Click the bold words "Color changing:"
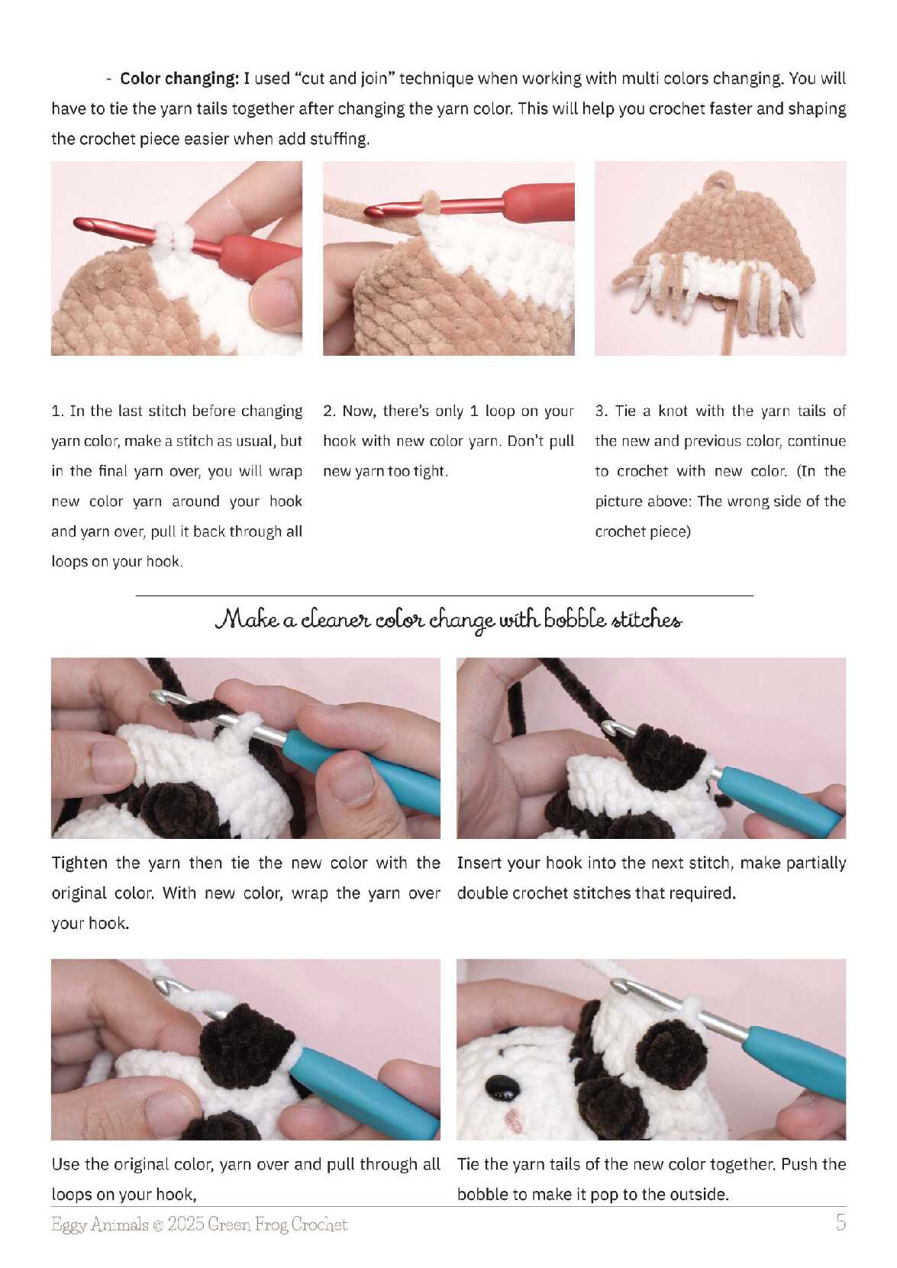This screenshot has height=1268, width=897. point(179,78)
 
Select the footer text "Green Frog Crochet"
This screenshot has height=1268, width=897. point(277,1224)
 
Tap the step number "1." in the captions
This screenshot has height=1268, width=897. point(58,411)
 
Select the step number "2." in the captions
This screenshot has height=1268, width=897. point(330,411)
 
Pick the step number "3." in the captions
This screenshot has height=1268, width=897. point(602,411)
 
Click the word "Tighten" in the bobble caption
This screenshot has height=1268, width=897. point(79,864)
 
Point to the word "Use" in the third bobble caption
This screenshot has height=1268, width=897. point(64,1164)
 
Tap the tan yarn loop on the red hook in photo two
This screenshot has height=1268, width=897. point(430,203)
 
